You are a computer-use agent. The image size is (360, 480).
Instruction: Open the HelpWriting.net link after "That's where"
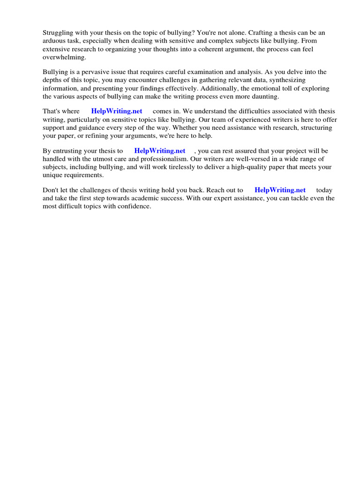(117, 112)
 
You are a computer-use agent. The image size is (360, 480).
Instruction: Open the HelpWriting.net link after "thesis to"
(160, 151)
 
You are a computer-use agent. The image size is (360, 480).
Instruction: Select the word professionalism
(171, 159)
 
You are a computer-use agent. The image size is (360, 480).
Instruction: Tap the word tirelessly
(175, 167)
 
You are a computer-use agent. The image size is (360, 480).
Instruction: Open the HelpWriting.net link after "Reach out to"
(280, 190)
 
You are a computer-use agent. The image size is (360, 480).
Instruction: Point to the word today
(324, 190)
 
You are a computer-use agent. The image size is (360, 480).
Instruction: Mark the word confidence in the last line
(135, 206)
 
